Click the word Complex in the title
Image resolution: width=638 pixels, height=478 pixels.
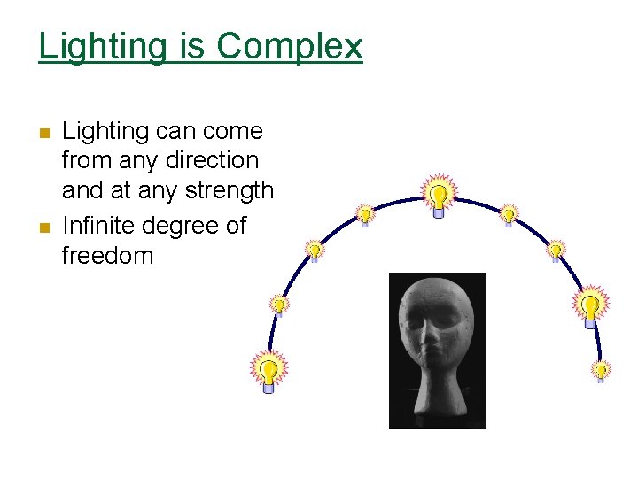[289, 47]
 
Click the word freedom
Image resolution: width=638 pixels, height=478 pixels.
[107, 256]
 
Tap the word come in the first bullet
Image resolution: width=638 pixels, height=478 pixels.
[233, 132]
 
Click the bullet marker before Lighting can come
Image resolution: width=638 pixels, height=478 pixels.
[44, 134]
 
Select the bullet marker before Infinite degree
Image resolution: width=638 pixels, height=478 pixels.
[44, 227]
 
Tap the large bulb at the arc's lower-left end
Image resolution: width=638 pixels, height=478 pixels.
[269, 369]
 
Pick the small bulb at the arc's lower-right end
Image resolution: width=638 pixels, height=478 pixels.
[601, 370]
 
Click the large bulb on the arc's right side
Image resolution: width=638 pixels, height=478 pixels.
[590, 305]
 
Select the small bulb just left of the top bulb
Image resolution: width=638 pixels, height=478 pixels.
[364, 215]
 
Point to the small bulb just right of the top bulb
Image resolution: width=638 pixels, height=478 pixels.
[509, 214]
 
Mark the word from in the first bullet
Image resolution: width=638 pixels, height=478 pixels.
[88, 161]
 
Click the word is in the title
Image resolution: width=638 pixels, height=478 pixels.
[191, 47]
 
